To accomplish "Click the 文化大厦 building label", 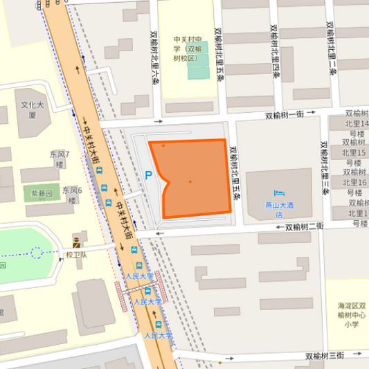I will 32,110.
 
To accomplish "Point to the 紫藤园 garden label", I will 40,194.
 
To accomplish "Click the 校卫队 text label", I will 76,255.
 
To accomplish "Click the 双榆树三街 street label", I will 324,355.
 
